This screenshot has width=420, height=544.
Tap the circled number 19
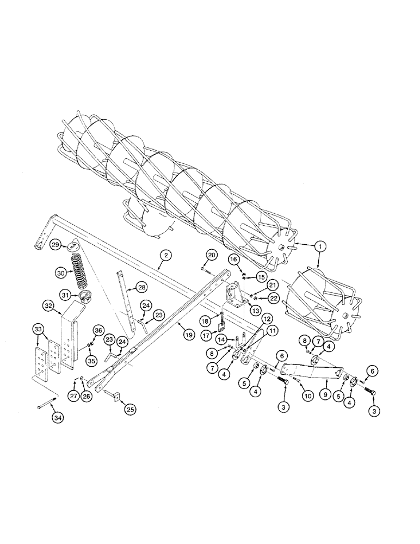189,336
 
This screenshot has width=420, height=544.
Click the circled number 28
141,287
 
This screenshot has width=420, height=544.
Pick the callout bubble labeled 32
48,306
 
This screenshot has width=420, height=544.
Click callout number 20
212,255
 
